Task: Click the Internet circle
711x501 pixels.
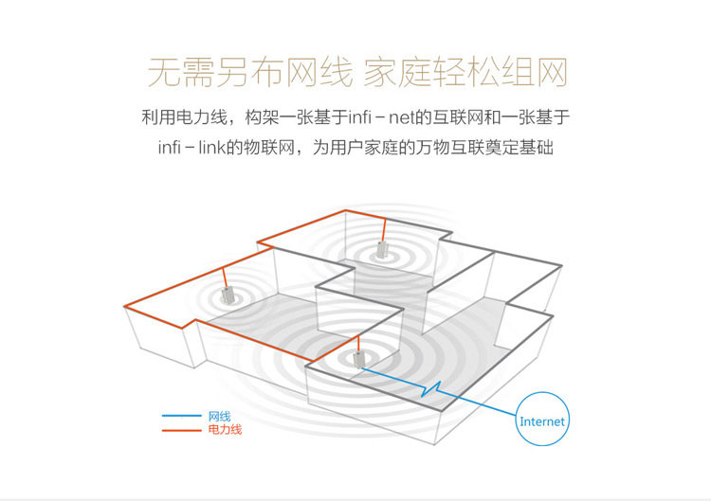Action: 542,420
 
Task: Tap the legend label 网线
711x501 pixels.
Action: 219,416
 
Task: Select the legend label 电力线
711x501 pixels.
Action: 225,430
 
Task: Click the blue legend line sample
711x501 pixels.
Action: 182,416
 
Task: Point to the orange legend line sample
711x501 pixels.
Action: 182,430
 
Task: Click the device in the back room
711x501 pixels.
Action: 382,250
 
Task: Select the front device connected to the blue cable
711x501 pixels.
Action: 358,359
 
